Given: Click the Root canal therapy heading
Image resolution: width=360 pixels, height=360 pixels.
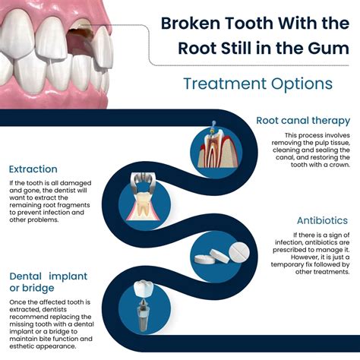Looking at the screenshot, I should pyautogui.click(x=303, y=121).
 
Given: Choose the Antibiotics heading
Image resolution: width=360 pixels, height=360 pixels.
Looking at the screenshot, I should pyautogui.click(x=322, y=221).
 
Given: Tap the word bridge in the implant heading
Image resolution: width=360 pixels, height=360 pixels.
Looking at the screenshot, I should pyautogui.click(x=43, y=289).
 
